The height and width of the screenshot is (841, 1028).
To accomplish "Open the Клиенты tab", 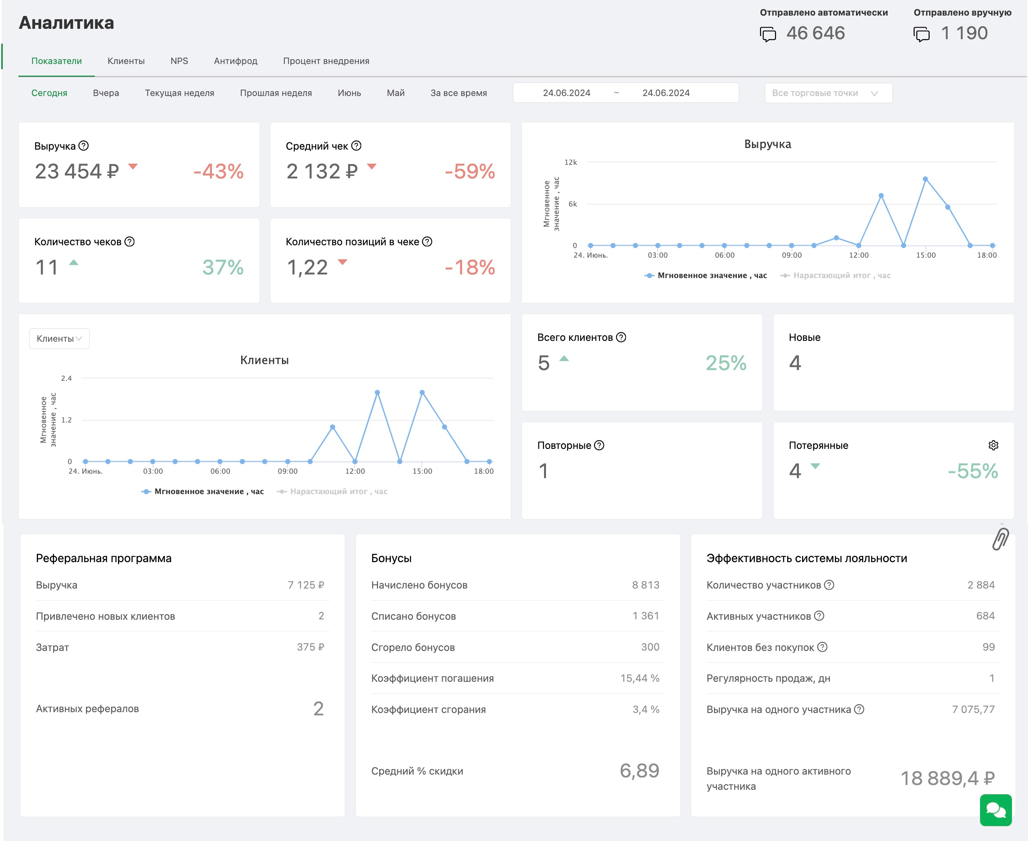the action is coord(126,61).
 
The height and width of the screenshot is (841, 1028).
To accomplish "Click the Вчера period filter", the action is coord(106,93).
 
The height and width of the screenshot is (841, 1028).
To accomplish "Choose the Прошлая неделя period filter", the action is coord(276,93).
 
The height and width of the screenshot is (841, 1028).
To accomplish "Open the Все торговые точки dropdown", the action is coord(828,93).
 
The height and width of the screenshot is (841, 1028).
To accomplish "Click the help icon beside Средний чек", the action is coord(356,145).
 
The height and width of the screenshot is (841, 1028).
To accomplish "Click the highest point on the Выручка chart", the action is coord(925,179).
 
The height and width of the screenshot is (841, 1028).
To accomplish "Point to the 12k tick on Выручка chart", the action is coord(570,162).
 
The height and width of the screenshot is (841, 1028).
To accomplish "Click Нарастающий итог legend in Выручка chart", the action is coord(835,275).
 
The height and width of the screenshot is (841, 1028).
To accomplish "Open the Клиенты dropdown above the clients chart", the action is coord(59,338).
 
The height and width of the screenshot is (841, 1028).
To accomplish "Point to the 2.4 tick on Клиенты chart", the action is coord(66,378).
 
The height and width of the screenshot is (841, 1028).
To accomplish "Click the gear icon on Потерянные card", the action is coord(993,445).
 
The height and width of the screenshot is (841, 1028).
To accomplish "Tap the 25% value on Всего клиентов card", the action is coord(726,363).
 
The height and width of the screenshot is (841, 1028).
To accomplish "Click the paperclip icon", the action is coord(1000,539).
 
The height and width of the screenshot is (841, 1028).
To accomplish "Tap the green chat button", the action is coord(996,810).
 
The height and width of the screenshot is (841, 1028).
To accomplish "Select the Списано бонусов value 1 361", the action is coord(646,616).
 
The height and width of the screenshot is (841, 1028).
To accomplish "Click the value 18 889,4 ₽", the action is coord(948,779).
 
